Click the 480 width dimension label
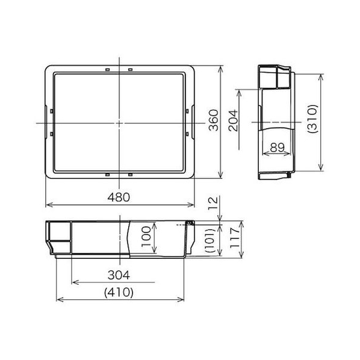pyautogui.click(x=119, y=197)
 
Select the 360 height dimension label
pyautogui.click(x=214, y=120)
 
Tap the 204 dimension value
pyautogui.click(x=233, y=120)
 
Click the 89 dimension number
pyautogui.click(x=278, y=147)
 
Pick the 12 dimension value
pyautogui.click(x=213, y=203)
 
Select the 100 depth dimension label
pyautogui.click(x=146, y=237)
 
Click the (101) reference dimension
pyautogui.click(x=210, y=240)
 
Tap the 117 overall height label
pyautogui.click(x=235, y=238)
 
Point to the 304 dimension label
pyautogui.click(x=119, y=275)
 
